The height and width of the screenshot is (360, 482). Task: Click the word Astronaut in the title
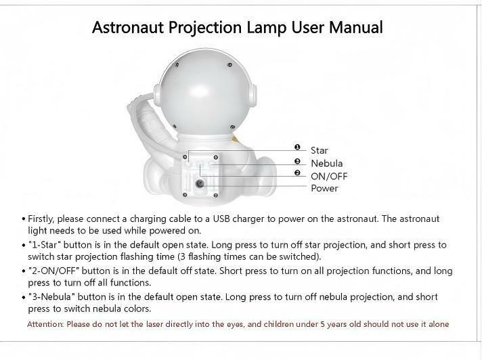pos(127,27)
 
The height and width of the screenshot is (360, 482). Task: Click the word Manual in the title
pos(356,27)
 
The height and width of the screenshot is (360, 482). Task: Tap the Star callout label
pos(319,150)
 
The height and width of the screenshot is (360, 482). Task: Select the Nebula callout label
pos(326,163)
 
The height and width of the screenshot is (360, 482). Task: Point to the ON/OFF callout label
pos(329,177)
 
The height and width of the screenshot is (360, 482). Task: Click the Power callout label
pos(324,188)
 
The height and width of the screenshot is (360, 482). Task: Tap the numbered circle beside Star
pos(297,147)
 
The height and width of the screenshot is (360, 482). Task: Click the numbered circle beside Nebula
pos(297,161)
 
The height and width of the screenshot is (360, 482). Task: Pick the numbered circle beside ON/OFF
pos(297,173)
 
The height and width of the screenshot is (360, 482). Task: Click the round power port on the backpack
pos(200,183)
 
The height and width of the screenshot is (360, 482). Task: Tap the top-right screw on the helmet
pos(229,65)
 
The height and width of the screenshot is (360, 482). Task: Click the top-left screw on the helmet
pos(177,64)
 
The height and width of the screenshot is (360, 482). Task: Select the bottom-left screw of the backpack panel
pos(184,195)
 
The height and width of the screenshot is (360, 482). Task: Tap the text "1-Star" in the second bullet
pos(44,245)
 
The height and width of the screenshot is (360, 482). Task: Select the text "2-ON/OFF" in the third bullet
pos(53,271)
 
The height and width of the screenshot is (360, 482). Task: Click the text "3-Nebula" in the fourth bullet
pos(51,296)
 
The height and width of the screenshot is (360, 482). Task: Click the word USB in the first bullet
pos(221,219)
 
